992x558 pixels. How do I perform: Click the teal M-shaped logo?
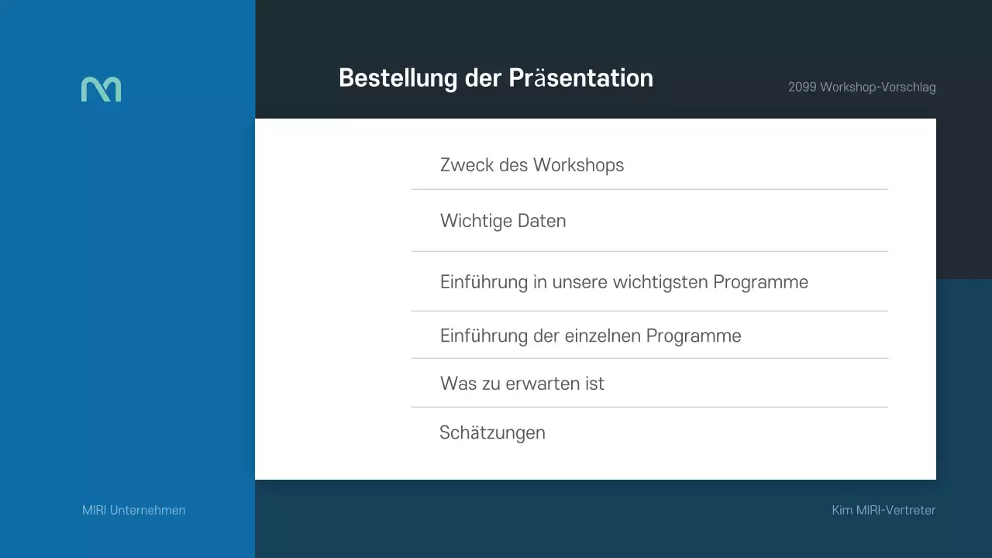click(101, 89)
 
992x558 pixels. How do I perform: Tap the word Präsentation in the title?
click(580, 78)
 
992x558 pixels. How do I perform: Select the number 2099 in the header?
click(802, 88)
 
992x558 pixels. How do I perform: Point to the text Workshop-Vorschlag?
click(878, 88)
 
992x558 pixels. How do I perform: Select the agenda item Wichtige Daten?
click(503, 221)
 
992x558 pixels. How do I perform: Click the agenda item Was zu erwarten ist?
click(522, 384)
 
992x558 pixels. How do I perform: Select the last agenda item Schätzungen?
click(492, 432)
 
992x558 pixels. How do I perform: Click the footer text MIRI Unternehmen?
click(134, 511)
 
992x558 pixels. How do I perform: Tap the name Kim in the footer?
click(842, 511)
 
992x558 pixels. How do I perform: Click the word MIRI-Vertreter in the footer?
click(896, 511)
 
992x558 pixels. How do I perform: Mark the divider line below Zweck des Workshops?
click(649, 189)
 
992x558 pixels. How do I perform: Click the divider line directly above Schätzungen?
click(649, 407)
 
